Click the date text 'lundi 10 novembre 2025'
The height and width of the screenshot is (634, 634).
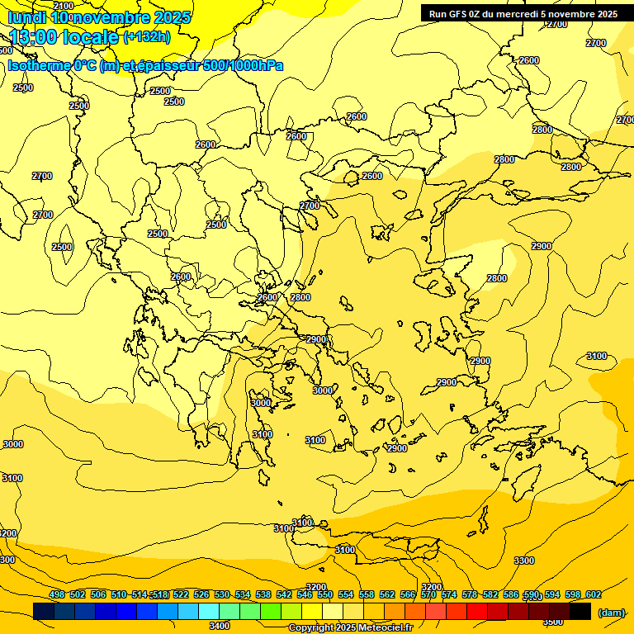(x=99, y=17)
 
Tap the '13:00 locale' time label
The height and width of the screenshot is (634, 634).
(x=64, y=37)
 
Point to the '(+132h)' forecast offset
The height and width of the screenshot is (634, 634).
(x=147, y=37)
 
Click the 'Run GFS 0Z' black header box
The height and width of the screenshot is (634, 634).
(x=523, y=13)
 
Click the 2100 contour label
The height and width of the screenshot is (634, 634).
(x=64, y=6)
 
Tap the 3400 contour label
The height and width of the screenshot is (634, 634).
(x=220, y=626)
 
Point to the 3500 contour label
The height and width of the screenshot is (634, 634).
(x=553, y=621)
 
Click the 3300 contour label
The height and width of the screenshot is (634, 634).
(x=524, y=561)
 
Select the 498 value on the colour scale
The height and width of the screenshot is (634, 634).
(x=57, y=595)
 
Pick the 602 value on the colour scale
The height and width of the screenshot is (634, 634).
(x=593, y=595)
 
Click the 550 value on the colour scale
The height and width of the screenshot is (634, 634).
(x=325, y=595)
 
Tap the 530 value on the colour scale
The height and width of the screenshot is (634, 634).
(x=222, y=595)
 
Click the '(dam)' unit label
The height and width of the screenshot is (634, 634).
(x=612, y=613)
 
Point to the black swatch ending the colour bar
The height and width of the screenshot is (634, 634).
(x=580, y=611)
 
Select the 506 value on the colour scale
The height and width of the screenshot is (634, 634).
(x=98, y=595)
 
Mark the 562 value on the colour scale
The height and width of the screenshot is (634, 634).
(x=387, y=595)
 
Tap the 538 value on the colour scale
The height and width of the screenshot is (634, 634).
(x=263, y=595)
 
